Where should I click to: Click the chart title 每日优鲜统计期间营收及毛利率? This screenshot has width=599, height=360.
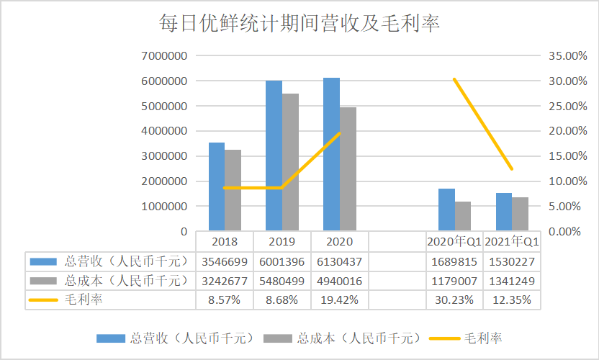[x=299, y=23]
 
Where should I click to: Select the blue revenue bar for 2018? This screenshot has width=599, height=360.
[x=217, y=186]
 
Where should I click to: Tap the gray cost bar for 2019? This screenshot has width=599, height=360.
[x=290, y=162]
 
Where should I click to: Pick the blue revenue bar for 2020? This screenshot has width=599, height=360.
[x=331, y=154]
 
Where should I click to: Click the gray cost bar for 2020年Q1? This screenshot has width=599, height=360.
[x=463, y=216]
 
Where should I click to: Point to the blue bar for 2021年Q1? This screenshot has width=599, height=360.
[x=504, y=212]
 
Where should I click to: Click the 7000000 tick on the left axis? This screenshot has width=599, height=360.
[x=164, y=55]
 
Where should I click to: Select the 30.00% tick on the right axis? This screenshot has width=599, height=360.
[x=567, y=81]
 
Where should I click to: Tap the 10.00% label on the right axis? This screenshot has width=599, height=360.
[x=567, y=181]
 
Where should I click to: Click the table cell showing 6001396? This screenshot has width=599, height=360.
[x=282, y=262]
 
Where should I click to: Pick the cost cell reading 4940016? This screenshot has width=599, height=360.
[x=339, y=282]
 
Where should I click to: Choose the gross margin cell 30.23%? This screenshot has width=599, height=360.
[x=454, y=300]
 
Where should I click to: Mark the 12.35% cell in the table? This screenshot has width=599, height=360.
[x=512, y=300]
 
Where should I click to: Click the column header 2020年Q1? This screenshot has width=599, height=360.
[x=454, y=241]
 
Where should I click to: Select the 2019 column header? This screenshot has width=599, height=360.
[x=282, y=241]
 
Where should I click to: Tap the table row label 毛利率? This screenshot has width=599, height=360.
[x=84, y=300]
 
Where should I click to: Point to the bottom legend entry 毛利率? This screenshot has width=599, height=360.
[x=466, y=338]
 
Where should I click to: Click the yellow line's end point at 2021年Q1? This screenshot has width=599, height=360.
[x=512, y=169]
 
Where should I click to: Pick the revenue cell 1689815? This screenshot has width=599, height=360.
[x=454, y=262]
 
